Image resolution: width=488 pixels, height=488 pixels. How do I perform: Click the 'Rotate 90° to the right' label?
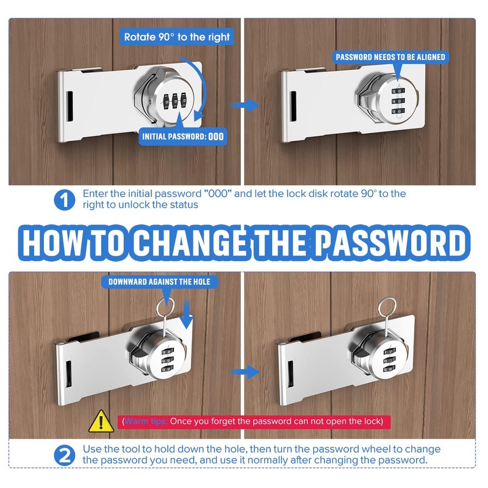(x=177, y=37)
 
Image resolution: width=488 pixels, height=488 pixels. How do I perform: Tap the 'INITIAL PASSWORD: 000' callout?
(x=183, y=137)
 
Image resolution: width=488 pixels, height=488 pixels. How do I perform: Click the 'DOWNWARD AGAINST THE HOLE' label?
(x=159, y=282)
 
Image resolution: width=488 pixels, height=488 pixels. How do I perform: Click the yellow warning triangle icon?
(x=98, y=421)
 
